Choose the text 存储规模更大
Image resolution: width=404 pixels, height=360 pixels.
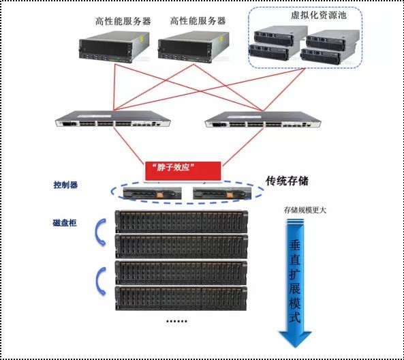click(x=305, y=210)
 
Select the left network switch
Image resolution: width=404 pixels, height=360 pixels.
click(x=112, y=122)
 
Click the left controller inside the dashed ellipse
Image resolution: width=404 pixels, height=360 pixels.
click(x=151, y=194)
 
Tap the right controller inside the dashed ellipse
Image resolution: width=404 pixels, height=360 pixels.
click(x=220, y=194)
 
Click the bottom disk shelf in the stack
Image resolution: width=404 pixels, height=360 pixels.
click(x=181, y=297)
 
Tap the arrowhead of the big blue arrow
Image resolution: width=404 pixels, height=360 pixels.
click(x=295, y=336)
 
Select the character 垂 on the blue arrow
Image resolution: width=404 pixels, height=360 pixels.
click(x=295, y=246)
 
